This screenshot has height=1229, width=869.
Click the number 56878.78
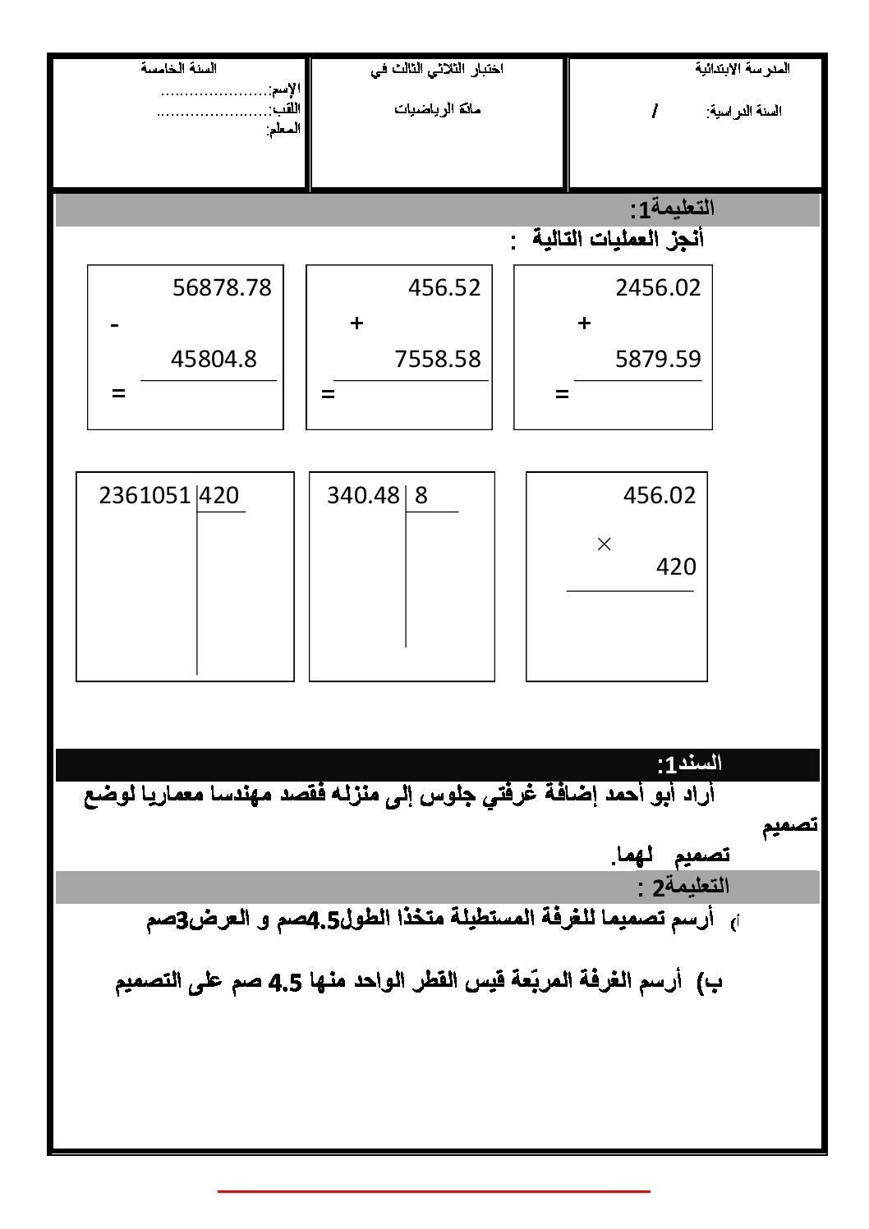pos(222,287)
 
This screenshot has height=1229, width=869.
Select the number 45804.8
pos(214,359)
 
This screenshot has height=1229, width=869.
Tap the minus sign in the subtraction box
pos(115,326)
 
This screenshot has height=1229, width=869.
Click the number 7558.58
pos(438,359)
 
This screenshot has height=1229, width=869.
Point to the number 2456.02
pos(658,287)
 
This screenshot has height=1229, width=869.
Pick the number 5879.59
pos(658,359)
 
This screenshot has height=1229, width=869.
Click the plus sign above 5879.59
pos(584,323)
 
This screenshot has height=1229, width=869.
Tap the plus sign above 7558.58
pos(356,323)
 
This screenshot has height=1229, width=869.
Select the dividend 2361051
pos(145,496)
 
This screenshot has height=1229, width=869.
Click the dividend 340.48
pos(363,496)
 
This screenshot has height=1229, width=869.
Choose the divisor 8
pos(421,496)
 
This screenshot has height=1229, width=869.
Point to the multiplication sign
pos(605,543)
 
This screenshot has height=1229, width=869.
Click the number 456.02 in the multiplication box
pos(660,496)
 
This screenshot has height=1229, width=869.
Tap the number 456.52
pos(444,287)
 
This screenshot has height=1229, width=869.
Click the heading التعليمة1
pos(673,209)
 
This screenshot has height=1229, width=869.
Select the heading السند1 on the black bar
pos(689,764)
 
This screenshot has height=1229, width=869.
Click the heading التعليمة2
pos(683,887)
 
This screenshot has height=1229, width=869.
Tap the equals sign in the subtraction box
pos(119,394)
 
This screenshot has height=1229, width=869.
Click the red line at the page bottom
pos(434,1190)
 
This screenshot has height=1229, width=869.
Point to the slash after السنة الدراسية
pos(655,112)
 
